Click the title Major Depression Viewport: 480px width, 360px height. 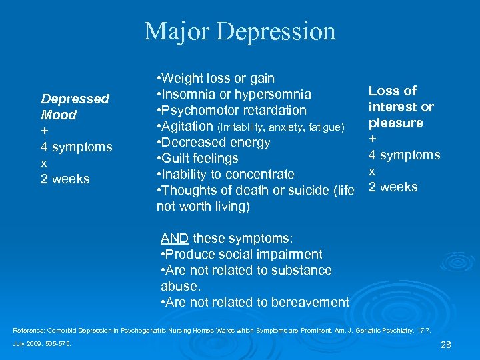coord(240,31)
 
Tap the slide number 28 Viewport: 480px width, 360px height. coord(447,344)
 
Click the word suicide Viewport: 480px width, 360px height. coord(309,191)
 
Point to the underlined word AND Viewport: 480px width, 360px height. coord(175,239)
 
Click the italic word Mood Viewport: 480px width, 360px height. coord(59,115)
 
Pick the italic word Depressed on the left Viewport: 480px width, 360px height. coord(75,99)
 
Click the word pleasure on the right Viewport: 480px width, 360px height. coord(396,123)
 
